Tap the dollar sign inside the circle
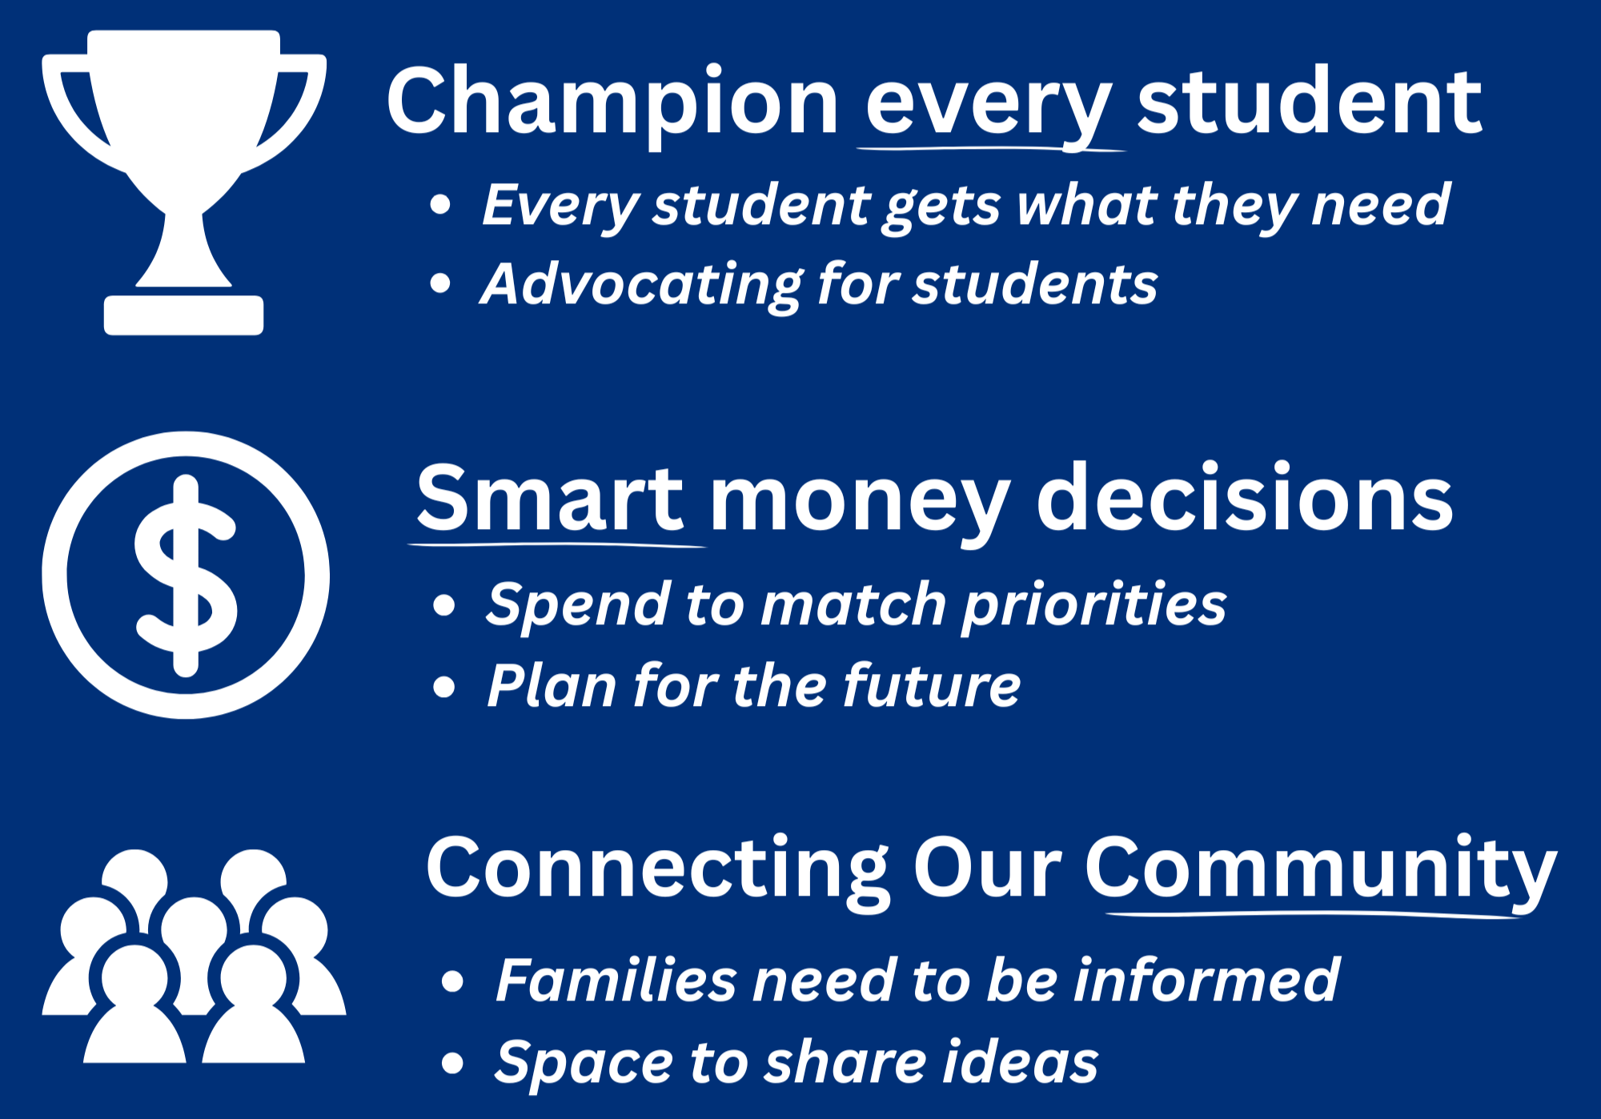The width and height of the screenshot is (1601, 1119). [x=186, y=575]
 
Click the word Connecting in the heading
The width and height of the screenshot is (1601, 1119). [x=657, y=869]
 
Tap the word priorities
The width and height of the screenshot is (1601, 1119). [x=1093, y=605]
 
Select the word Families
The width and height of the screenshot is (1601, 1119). [x=616, y=980]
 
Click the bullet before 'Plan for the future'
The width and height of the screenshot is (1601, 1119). [x=443, y=687]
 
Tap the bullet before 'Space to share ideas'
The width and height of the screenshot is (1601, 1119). [x=452, y=1063]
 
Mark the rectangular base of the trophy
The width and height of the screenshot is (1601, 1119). [x=183, y=315]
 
